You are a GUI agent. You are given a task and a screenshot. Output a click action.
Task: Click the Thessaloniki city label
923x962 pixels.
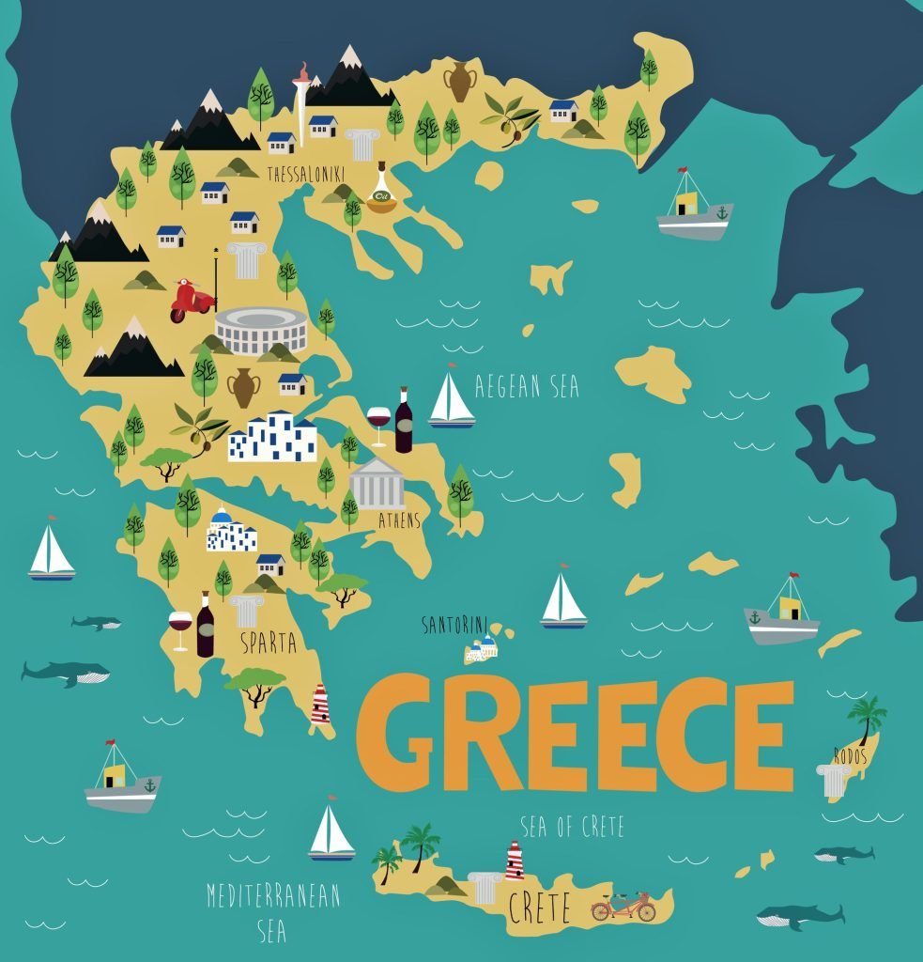coord(306,175)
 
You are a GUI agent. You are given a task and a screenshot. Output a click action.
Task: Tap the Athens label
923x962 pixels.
coord(399,520)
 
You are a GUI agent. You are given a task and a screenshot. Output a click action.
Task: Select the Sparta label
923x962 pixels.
coord(269,644)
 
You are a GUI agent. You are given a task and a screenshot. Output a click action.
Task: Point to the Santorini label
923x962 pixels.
coord(454,625)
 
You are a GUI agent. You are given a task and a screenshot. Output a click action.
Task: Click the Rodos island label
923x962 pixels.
coord(850,753)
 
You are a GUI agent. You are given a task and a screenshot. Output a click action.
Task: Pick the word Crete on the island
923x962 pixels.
coord(540,908)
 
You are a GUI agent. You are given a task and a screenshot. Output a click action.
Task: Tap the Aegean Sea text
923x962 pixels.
coord(527,386)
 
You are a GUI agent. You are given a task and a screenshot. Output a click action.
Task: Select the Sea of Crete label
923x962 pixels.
coord(572,827)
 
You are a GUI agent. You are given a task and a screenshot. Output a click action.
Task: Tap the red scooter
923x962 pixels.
coord(192,300)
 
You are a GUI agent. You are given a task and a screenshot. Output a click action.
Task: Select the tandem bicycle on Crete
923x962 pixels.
coord(623,907)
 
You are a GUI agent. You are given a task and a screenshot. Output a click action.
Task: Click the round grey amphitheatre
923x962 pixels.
coord(261,330)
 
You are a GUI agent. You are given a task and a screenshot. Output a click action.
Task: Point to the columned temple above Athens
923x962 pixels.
coord(377,484)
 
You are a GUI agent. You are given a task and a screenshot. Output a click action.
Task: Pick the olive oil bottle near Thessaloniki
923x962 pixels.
coord(381,191)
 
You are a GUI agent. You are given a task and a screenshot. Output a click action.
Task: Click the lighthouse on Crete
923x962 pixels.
coord(514,860)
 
